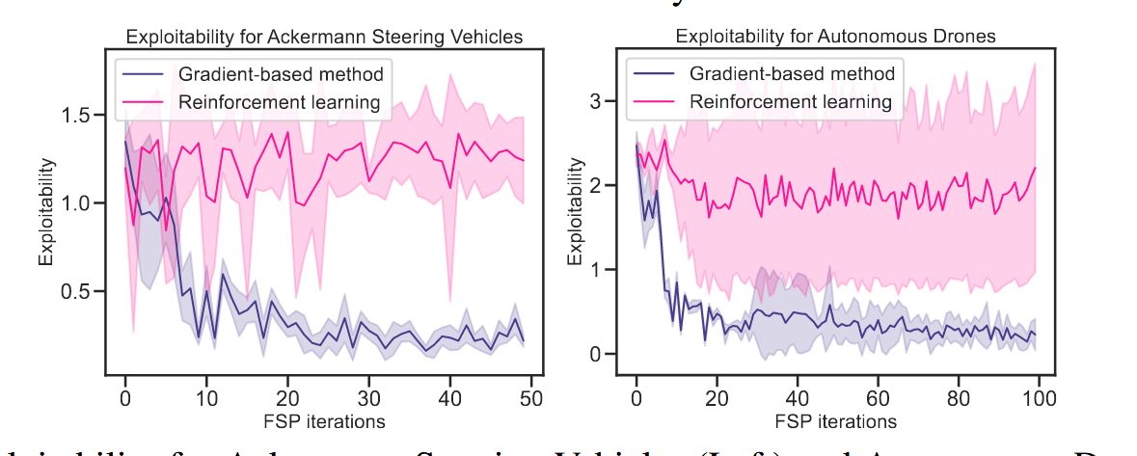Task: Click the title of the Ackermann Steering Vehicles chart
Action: (325, 38)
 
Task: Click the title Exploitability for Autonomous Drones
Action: (835, 38)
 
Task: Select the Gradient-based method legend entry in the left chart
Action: (281, 74)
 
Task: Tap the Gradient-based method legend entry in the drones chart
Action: (792, 73)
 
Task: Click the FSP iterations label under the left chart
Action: (325, 421)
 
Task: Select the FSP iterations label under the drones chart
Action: (835, 421)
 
